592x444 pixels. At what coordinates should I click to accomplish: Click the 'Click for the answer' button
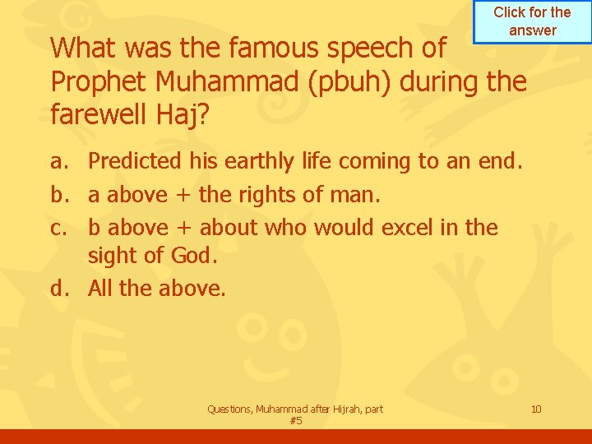[x=532, y=21]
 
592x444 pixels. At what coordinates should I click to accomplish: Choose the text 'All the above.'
[x=156, y=288]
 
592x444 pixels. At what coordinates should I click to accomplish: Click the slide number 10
[x=536, y=409]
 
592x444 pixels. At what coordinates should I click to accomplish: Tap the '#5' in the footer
[x=296, y=420]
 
